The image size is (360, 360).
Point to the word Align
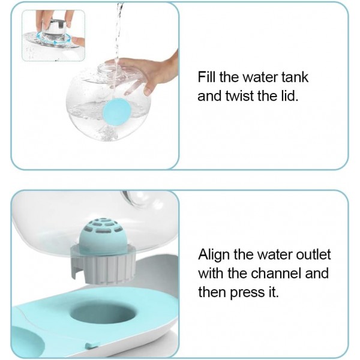[x=214, y=255]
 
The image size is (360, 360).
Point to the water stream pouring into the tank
[x=118, y=44]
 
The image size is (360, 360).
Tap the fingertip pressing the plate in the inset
[x=78, y=41]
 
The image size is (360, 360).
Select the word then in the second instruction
[x=212, y=292]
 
